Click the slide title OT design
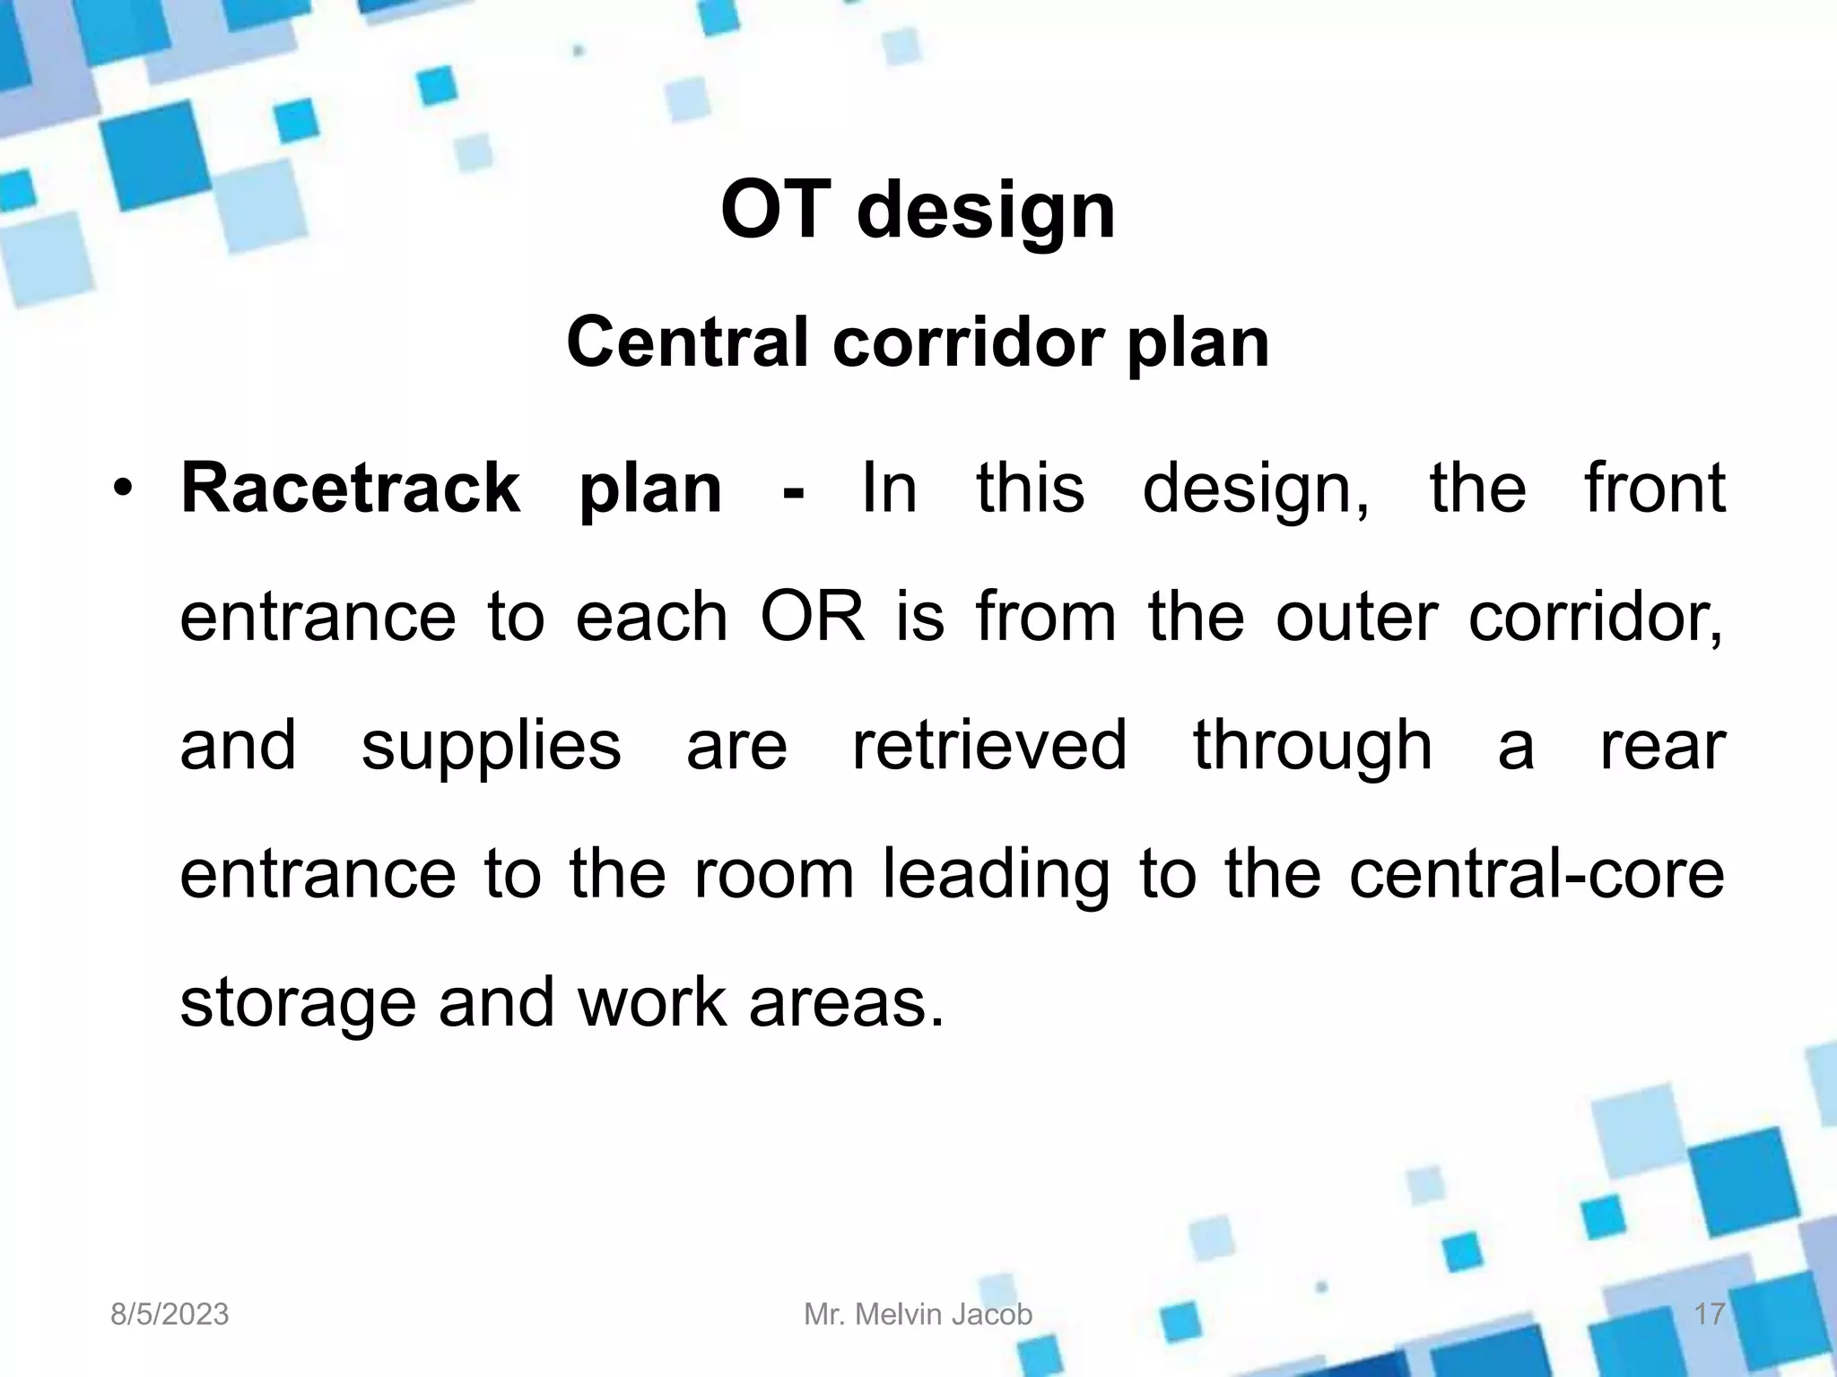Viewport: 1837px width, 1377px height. [x=918, y=211]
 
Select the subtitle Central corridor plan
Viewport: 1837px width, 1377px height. [x=918, y=342]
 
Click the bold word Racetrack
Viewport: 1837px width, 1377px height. [x=350, y=489]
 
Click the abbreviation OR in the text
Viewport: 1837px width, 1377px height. [x=813, y=618]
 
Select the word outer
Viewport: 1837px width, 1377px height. [x=1350, y=618]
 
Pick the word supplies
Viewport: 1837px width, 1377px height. [x=491, y=746]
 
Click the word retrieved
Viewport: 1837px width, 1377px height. [x=988, y=746]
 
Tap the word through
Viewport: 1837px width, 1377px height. [x=1312, y=746]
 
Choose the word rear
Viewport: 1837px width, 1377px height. [x=1662, y=746]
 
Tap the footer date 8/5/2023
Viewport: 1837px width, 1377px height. [x=170, y=1315]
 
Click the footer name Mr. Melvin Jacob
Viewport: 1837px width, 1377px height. [x=918, y=1315]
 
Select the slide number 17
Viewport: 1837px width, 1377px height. [x=1709, y=1315]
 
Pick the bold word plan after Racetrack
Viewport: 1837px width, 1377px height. [x=650, y=489]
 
